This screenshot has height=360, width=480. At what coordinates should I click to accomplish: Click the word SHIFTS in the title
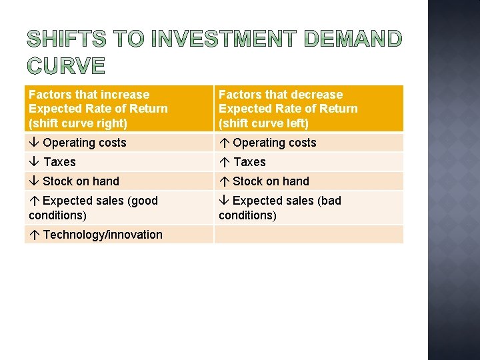[x=66, y=39]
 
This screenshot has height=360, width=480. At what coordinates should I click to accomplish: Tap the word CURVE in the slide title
[x=66, y=65]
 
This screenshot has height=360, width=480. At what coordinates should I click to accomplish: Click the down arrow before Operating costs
[x=34, y=143]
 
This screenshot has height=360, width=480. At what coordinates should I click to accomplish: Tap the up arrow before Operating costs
[x=224, y=143]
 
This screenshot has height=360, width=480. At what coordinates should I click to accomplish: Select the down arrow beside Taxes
[x=34, y=162]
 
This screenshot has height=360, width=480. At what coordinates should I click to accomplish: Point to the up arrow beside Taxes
[x=224, y=162]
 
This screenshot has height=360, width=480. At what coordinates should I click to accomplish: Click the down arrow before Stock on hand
[x=34, y=181]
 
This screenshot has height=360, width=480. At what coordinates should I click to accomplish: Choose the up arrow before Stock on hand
[x=224, y=181]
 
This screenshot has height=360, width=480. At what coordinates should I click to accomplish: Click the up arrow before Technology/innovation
[x=34, y=235]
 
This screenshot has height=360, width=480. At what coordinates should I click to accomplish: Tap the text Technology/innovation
[x=103, y=235]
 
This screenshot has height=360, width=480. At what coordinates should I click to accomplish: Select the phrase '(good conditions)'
[x=58, y=215]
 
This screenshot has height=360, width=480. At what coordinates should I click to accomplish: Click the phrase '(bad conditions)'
[x=248, y=215]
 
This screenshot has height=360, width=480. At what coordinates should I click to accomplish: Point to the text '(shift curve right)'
[x=78, y=123]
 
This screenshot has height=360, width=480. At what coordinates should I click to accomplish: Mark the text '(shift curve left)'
[x=264, y=123]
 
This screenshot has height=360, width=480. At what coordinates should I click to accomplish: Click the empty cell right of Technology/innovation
[x=309, y=235]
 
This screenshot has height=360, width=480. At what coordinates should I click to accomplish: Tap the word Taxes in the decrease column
[x=249, y=162]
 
